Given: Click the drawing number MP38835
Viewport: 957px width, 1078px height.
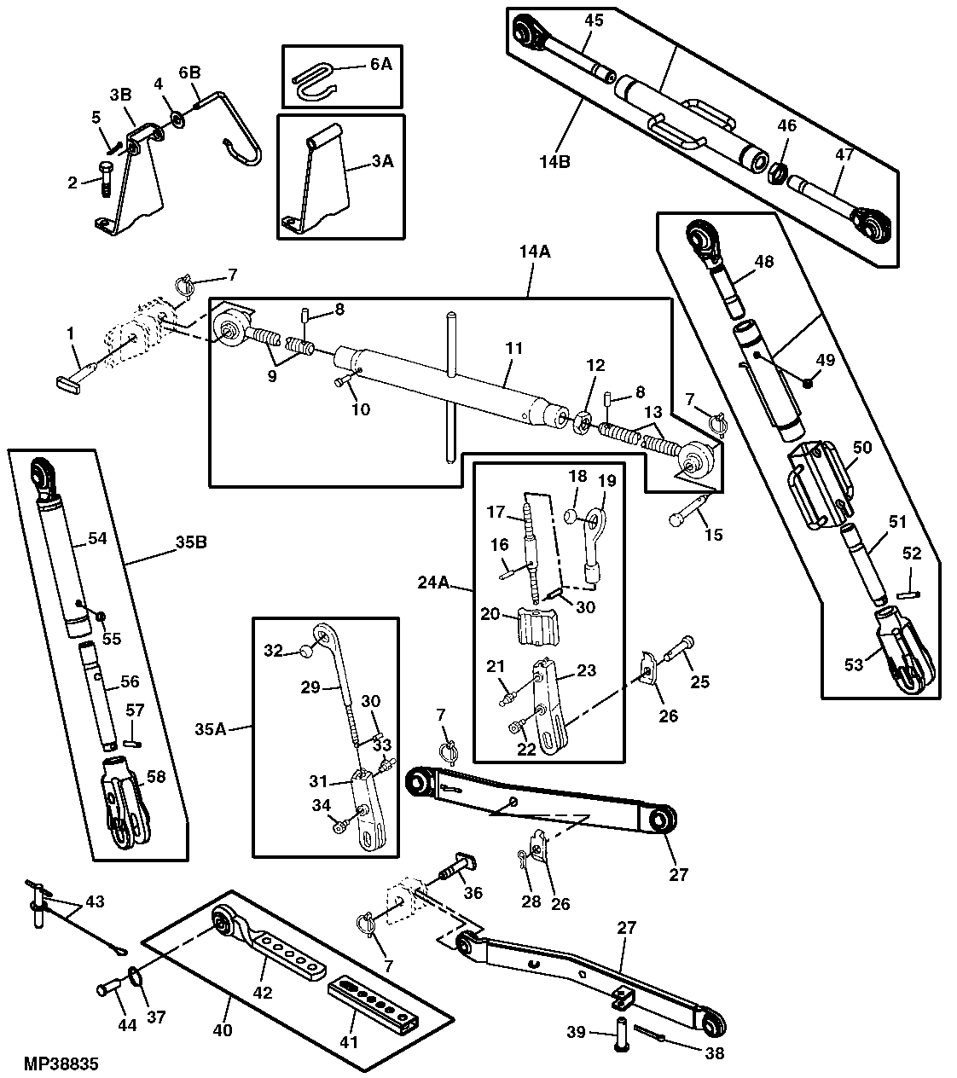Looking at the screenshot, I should coord(62,1064).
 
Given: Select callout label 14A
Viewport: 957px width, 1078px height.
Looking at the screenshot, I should coord(534,252).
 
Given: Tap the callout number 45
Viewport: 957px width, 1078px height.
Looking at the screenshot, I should coord(593,20).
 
